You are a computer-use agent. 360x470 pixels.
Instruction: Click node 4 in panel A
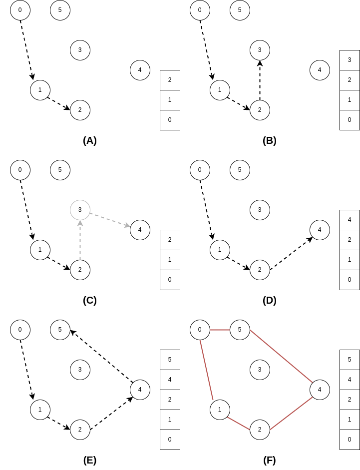click(x=140, y=70)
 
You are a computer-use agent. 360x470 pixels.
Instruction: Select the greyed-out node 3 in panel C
click(x=80, y=210)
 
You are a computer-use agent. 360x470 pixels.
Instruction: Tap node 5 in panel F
click(x=240, y=330)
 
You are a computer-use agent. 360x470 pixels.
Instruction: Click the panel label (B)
click(x=270, y=140)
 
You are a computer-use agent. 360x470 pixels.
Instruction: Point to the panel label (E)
click(x=90, y=460)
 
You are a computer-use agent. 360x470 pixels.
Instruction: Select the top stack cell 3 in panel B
click(x=350, y=60)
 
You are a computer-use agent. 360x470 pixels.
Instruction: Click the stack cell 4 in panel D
click(x=350, y=220)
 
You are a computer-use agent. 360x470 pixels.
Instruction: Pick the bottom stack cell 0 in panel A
click(x=170, y=120)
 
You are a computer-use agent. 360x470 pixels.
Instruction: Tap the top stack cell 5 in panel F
click(x=350, y=360)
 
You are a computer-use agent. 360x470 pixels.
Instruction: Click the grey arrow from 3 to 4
click(x=110, y=220)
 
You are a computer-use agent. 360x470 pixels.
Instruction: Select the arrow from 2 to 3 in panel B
click(x=260, y=80)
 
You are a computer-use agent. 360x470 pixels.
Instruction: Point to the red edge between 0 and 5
click(x=220, y=330)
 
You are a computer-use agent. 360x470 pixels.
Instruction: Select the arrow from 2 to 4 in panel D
click(x=291, y=253)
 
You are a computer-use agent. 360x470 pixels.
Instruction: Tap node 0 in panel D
click(x=200, y=170)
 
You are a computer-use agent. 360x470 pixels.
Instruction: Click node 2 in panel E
click(x=80, y=430)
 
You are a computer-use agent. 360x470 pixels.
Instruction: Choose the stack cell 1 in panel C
click(x=170, y=260)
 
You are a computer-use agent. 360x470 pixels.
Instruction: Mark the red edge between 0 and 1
click(x=206, y=370)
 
